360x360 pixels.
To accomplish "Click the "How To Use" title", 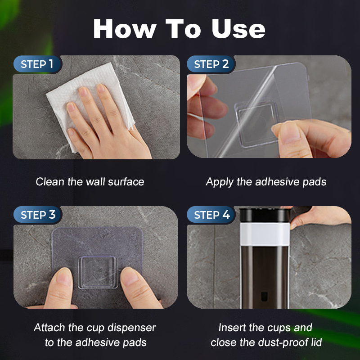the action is click(179, 28).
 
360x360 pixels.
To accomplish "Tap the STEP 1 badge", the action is click(37, 64).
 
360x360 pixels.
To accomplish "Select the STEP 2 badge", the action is click(211, 64).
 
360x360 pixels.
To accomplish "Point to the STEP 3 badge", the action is click(38, 215).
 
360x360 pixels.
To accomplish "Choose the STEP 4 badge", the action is click(211, 215).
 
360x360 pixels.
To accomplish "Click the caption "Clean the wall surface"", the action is click(90, 182).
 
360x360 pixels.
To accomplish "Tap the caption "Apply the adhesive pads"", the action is click(266, 182).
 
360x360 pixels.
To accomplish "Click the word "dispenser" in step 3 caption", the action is click(131, 328).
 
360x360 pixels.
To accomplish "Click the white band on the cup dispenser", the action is click(265, 234).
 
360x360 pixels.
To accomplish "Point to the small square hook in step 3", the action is click(98, 272).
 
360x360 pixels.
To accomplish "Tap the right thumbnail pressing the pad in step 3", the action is click(130, 276).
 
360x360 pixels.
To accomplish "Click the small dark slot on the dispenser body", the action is click(264, 297).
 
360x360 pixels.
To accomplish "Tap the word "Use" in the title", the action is click(238, 28).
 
